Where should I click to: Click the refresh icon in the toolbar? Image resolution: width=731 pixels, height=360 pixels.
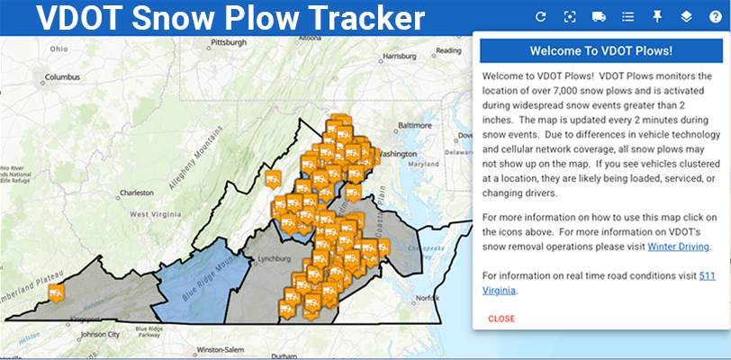tap(541, 16)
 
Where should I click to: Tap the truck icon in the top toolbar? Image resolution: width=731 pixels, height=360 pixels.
tap(599, 16)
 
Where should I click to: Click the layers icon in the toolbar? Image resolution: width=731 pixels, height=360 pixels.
tap(686, 16)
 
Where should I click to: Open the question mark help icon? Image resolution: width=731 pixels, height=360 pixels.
tap(716, 16)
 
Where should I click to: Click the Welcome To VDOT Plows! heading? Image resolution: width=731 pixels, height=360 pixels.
tap(601, 50)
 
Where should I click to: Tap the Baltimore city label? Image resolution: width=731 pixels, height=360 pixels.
tap(416, 124)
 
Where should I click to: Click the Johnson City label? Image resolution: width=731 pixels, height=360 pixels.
tap(99, 334)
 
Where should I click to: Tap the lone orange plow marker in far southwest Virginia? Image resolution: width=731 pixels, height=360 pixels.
tap(58, 293)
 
